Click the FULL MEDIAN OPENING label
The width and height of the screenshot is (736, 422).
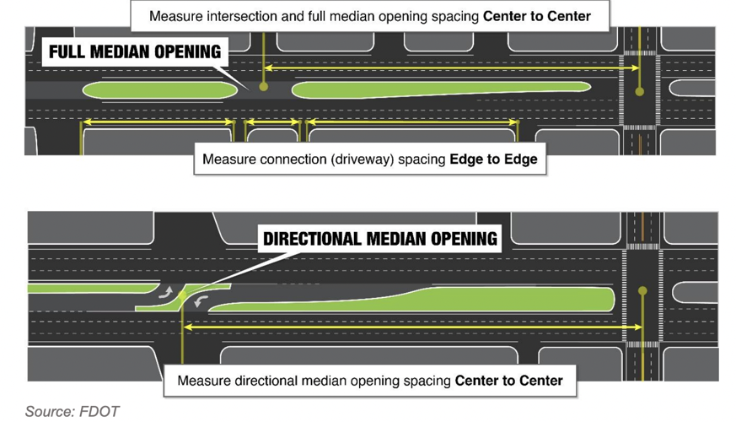134,52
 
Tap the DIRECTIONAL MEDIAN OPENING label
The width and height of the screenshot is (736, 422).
379,239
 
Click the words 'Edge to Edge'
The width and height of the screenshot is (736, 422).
493,159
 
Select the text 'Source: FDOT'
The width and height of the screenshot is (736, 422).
72,412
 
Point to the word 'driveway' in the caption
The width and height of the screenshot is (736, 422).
361,159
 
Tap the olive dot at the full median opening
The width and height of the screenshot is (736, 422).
264,86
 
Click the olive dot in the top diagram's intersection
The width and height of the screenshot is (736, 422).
640,91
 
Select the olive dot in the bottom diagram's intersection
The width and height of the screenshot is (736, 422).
642,291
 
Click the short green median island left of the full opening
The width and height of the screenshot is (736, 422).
158,89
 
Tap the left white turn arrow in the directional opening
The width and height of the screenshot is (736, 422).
166,292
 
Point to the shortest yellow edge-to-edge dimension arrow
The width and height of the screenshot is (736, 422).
272,122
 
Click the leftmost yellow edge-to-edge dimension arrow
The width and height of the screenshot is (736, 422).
157,122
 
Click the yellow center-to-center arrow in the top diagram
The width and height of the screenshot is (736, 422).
447,68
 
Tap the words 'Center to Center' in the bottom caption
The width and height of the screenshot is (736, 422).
508,381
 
